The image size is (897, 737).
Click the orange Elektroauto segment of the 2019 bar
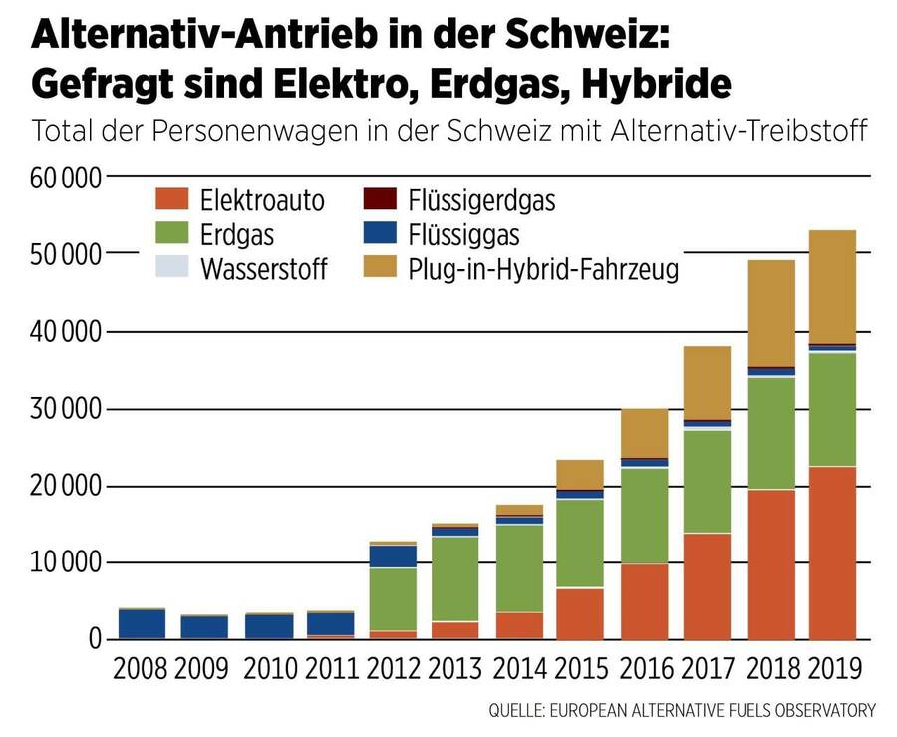tap(832, 553)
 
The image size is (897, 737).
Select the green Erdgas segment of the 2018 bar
tap(771, 433)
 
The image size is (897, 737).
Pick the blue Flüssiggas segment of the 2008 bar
tap(142, 623)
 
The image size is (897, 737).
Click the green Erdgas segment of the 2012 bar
tap(393, 599)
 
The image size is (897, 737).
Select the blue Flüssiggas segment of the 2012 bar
tap(393, 556)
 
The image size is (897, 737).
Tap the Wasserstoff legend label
tap(263, 269)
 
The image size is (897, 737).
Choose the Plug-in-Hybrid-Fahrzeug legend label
tap(543, 269)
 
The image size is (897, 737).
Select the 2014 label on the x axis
tap(519, 667)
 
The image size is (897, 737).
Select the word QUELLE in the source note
tap(521, 710)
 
